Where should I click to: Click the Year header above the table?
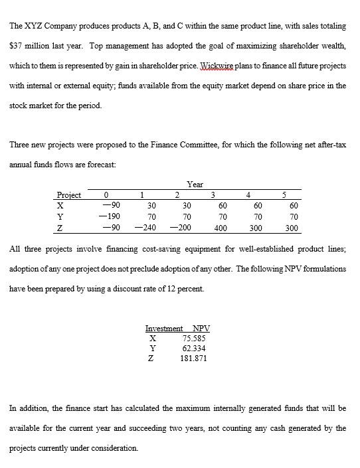pyautogui.click(x=195, y=184)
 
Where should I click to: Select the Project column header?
pyautogui.click(x=69, y=195)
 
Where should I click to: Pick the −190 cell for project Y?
pyautogui.click(x=106, y=216)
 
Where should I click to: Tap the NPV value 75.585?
pyautogui.click(x=193, y=338)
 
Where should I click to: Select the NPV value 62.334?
pyautogui.click(x=193, y=348)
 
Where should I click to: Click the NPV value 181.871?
pyautogui.click(x=193, y=358)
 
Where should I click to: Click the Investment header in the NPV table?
pyautogui.click(x=163, y=329)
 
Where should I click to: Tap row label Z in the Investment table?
pyautogui.click(x=153, y=358)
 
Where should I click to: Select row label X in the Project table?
pyautogui.click(x=60, y=206)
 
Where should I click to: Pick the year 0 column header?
pyautogui.click(x=106, y=195)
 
